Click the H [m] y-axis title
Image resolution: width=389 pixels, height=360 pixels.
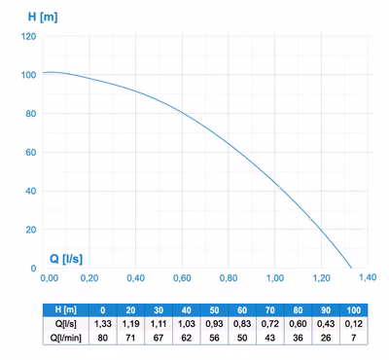43,17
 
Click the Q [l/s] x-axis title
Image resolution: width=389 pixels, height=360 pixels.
66,259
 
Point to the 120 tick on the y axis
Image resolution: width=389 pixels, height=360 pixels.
29,36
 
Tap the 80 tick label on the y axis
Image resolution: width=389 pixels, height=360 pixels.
31,114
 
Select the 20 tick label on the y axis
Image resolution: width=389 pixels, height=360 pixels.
31,230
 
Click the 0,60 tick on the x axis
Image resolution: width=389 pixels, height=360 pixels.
182,278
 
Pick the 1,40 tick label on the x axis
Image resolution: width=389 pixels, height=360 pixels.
368,277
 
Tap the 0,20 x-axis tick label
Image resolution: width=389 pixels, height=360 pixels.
89,278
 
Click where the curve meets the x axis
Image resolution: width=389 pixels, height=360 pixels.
352,269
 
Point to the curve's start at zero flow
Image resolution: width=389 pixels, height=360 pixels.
43,72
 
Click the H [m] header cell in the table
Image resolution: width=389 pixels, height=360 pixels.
66,310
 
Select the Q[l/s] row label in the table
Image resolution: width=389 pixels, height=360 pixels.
66,324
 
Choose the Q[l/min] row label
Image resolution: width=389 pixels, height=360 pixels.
66,338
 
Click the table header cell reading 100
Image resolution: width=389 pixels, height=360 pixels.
354,310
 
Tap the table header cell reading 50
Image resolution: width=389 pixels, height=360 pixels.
214,310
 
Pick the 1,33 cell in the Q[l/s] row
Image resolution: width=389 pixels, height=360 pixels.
103,324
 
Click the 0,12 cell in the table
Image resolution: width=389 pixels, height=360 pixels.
354,324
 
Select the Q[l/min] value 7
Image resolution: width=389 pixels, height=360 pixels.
354,338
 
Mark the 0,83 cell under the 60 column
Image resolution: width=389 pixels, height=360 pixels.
242,324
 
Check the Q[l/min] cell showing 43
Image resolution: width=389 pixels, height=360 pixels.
270,338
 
